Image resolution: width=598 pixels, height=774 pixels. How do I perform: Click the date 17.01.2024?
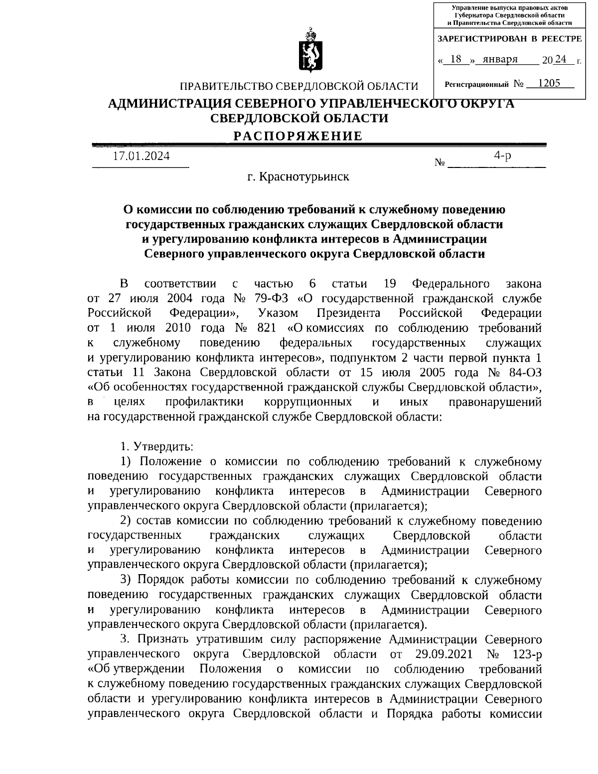tap(141, 156)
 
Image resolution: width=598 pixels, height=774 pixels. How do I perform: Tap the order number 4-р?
tap(502, 155)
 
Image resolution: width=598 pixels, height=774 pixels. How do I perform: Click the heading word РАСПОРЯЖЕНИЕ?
tap(299, 136)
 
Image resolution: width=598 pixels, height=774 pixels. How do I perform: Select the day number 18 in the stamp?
tap(455, 59)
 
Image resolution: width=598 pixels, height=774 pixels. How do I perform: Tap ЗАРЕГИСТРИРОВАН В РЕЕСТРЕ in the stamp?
tap(509, 38)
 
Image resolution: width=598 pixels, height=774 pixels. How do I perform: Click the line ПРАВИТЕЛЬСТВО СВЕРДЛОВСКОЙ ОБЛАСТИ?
tap(299, 87)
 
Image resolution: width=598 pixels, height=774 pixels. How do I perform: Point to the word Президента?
tap(348, 313)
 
